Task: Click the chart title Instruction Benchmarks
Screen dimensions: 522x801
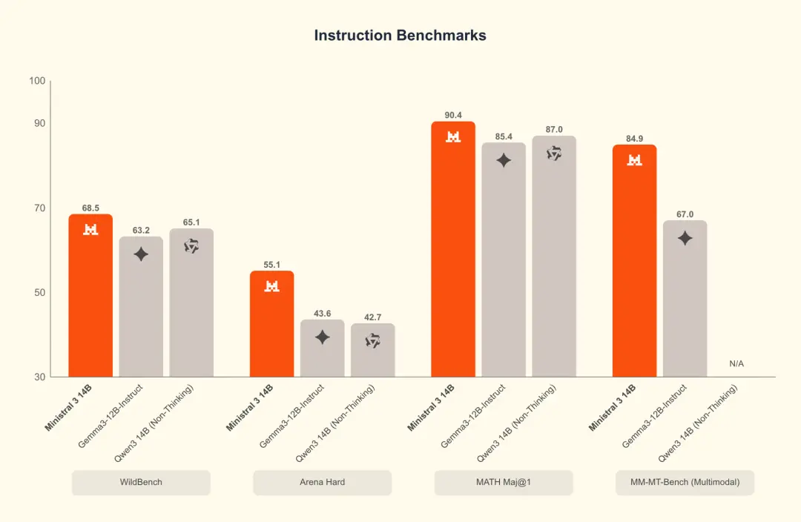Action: pyautogui.click(x=400, y=36)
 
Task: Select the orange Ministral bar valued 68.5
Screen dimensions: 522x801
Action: pyautogui.click(x=90, y=297)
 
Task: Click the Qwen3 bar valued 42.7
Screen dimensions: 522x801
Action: pyautogui.click(x=372, y=352)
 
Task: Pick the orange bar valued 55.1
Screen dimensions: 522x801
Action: pyautogui.click(x=271, y=326)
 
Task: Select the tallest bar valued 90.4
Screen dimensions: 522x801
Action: pyautogui.click(x=453, y=252)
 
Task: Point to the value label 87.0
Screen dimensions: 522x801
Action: pyautogui.click(x=554, y=130)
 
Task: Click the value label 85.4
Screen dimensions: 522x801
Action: pyautogui.click(x=504, y=136)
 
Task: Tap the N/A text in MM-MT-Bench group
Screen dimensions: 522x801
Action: pyautogui.click(x=736, y=364)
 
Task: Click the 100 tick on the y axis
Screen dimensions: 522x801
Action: pyautogui.click(x=37, y=81)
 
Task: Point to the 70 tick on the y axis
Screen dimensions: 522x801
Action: pyautogui.click(x=39, y=208)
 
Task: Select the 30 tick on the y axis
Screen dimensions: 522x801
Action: pyautogui.click(x=39, y=377)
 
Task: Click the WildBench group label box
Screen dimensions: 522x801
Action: pyautogui.click(x=141, y=482)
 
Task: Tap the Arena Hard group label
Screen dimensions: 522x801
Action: pyautogui.click(x=322, y=482)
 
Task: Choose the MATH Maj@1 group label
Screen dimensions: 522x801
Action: pyautogui.click(x=504, y=482)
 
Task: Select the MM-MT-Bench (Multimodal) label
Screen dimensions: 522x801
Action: pyautogui.click(x=685, y=482)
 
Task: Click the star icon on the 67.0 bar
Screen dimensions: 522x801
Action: pyautogui.click(x=685, y=238)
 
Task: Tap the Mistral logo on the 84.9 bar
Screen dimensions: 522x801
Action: pyautogui.click(x=634, y=159)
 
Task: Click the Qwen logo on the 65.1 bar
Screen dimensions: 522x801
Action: pyautogui.click(x=191, y=246)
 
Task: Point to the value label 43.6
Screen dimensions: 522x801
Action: pyautogui.click(x=322, y=314)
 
